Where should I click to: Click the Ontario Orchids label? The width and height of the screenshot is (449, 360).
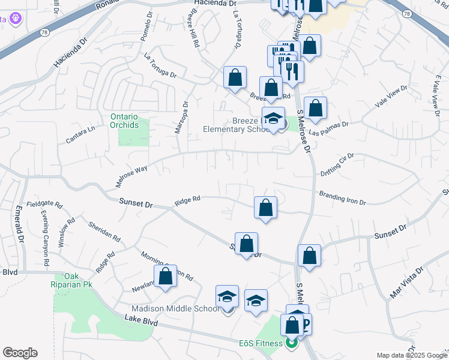[124, 121]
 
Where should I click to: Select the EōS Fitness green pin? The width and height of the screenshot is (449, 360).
[291, 343]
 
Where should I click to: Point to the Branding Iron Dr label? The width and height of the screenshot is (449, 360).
[342, 198]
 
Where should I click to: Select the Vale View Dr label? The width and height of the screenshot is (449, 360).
[391, 96]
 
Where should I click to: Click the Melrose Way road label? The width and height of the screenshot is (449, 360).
[131, 177]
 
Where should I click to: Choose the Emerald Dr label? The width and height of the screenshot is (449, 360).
[19, 225]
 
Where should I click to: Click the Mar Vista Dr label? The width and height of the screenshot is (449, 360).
[403, 283]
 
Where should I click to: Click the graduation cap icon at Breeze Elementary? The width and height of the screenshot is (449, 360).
[273, 118]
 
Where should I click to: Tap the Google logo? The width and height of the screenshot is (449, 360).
[20, 353]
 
